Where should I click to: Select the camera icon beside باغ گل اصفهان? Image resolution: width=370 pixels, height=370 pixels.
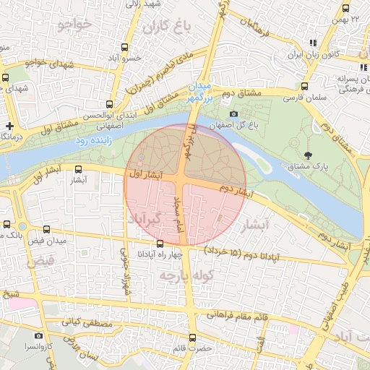click(233, 114)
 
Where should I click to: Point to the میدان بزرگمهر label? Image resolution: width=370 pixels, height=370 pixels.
click(200, 93)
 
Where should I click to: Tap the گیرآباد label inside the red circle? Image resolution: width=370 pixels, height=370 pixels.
click(147, 218)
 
